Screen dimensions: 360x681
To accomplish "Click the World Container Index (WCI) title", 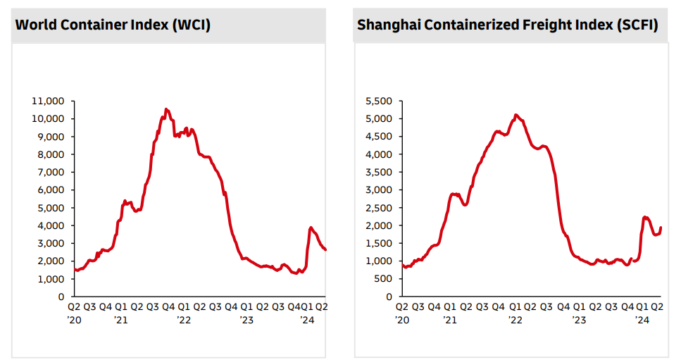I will tap(113, 25).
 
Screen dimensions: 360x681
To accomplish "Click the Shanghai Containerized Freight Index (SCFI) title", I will tap(507, 25).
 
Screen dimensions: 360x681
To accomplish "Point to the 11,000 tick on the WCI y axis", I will tap(49, 101).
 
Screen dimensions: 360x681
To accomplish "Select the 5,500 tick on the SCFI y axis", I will tap(379, 101).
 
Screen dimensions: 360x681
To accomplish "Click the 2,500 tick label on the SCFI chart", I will tap(379, 208).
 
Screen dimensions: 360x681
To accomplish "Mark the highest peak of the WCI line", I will tap(166, 109).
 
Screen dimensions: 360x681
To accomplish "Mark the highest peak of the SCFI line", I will tap(516, 114).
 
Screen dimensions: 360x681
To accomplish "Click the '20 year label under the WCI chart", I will tap(74, 320).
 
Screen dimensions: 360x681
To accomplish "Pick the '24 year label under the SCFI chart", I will tap(642, 320).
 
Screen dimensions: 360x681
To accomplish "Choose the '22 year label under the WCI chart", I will tap(184, 320).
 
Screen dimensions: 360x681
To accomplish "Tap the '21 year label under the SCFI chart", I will tap(451, 320).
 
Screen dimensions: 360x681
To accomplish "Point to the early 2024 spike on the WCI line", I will tap(311, 228).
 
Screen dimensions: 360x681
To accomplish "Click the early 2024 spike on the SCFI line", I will tap(645, 217).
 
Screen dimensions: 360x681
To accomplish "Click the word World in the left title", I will tap(35, 25).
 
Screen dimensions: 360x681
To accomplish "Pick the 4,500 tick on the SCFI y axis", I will tap(379, 137).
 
